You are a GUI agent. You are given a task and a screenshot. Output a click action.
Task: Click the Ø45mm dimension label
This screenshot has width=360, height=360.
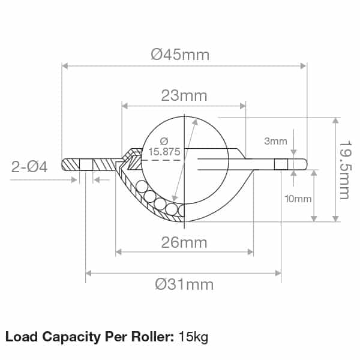pyautogui.click(x=180, y=55)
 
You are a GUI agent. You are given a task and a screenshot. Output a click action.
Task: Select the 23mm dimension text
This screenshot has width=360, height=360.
pyautogui.click(x=184, y=95)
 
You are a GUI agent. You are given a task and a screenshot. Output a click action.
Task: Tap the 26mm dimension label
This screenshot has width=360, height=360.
pyautogui.click(x=184, y=242)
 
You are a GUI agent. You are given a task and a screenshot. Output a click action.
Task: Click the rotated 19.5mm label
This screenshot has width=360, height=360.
pyautogui.click(x=344, y=170)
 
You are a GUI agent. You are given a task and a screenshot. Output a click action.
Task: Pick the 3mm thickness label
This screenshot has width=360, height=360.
pyautogui.click(x=275, y=142)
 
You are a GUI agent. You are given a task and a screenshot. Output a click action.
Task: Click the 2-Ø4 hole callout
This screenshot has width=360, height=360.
pyautogui.click(x=29, y=167)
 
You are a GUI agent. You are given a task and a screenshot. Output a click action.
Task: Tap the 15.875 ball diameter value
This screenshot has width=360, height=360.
pyautogui.click(x=164, y=152)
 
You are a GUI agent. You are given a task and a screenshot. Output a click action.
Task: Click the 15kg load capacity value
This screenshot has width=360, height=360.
pyautogui.click(x=193, y=337)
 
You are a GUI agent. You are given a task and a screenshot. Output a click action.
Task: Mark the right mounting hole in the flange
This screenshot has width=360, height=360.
pyautogui.click(x=281, y=164)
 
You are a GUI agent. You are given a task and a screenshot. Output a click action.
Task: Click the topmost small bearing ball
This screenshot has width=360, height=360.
pyautogui.click(x=141, y=187)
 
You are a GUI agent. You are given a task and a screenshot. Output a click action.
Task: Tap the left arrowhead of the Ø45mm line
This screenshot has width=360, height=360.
pyautogui.click(x=65, y=65)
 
